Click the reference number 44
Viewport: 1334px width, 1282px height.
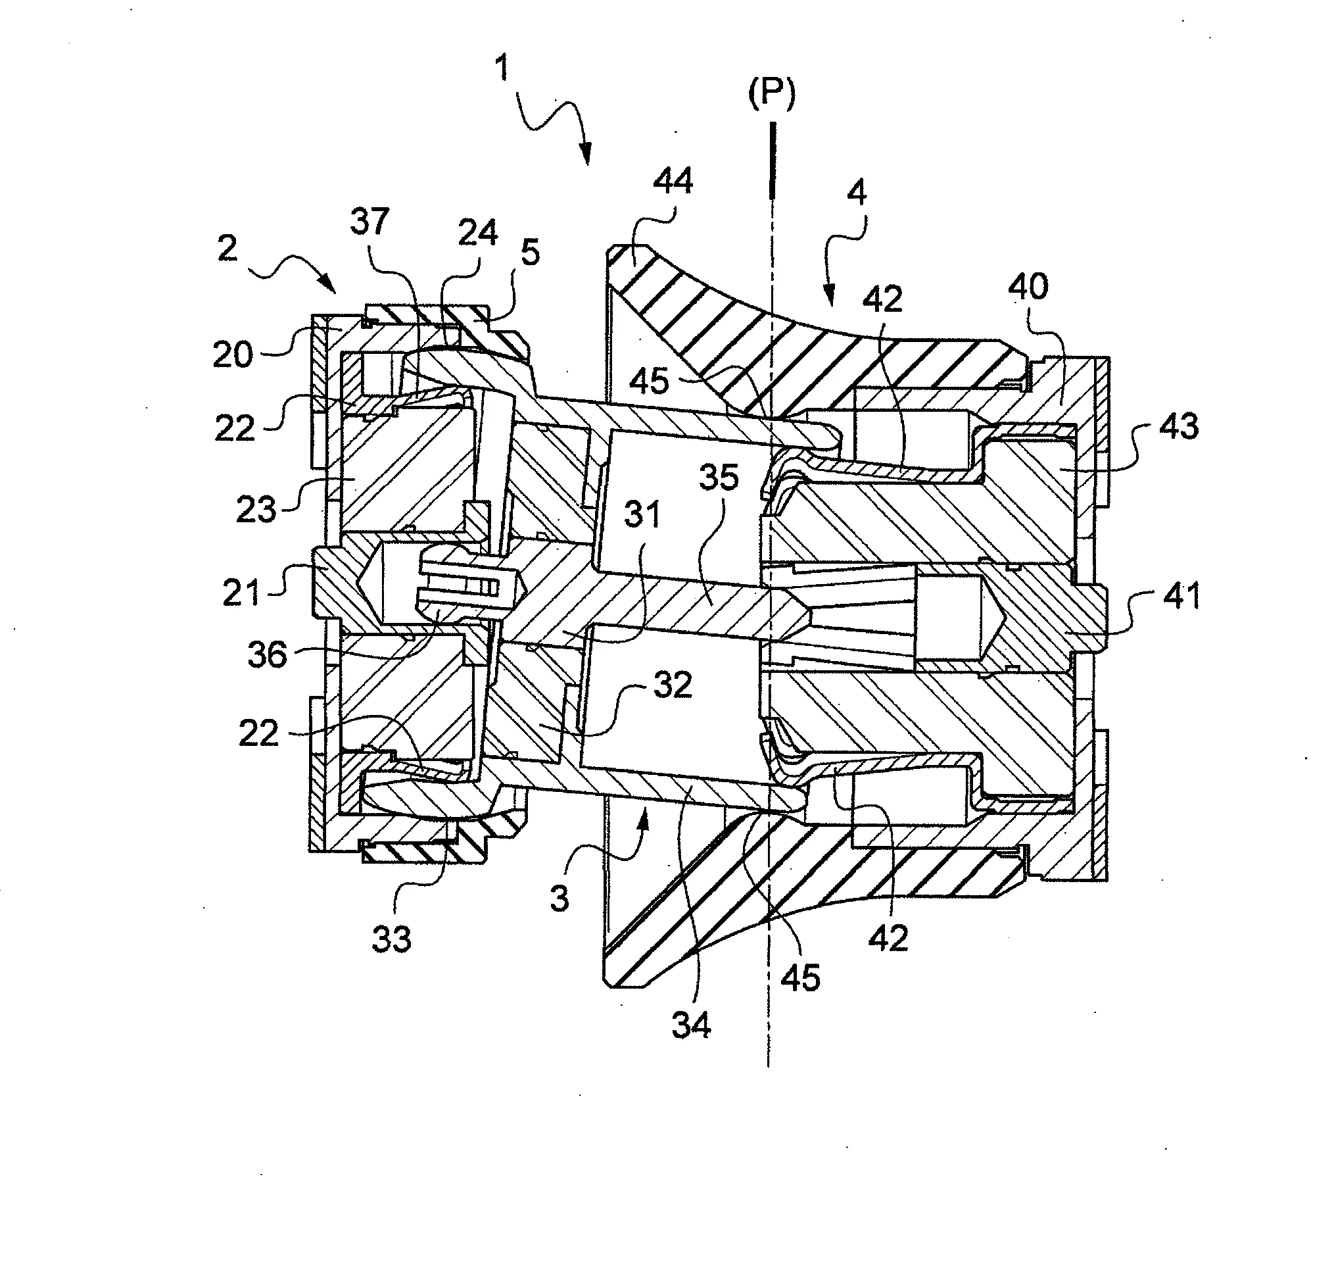tap(673, 181)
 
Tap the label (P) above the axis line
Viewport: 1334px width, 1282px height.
tap(771, 95)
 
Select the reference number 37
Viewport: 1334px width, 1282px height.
tap(369, 222)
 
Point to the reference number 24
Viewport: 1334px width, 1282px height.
tap(478, 234)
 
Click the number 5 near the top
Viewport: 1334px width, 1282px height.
tap(530, 253)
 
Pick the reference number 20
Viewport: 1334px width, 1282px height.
tap(233, 355)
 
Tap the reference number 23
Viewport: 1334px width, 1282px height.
tap(256, 509)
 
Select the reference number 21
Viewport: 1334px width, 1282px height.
tap(243, 594)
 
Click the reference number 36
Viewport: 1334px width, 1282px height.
tap(268, 655)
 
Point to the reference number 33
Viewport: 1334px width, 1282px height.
tap(391, 939)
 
